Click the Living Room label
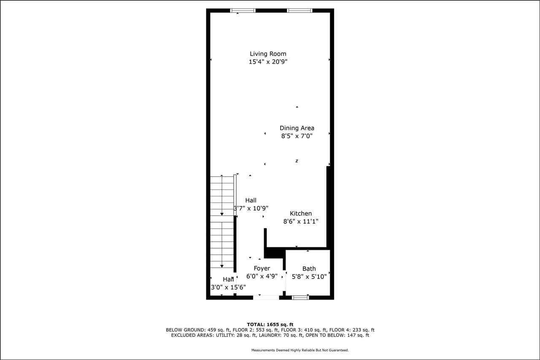[268, 54]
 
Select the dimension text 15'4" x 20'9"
[268, 62]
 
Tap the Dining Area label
[297, 128]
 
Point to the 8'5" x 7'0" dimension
[297, 136]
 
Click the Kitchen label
[300, 214]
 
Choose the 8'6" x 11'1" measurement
[300, 221]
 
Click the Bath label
[309, 268]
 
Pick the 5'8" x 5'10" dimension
[309, 277]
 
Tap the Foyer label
[262, 268]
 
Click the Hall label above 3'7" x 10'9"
[251, 200]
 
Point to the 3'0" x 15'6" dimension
[228, 287]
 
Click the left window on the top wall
[243, 11]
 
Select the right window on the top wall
[300, 11]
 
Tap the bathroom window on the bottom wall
[300, 298]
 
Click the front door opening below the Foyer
[266, 298]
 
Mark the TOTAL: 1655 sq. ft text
[270, 324]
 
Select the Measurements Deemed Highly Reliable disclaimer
[300, 350]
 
